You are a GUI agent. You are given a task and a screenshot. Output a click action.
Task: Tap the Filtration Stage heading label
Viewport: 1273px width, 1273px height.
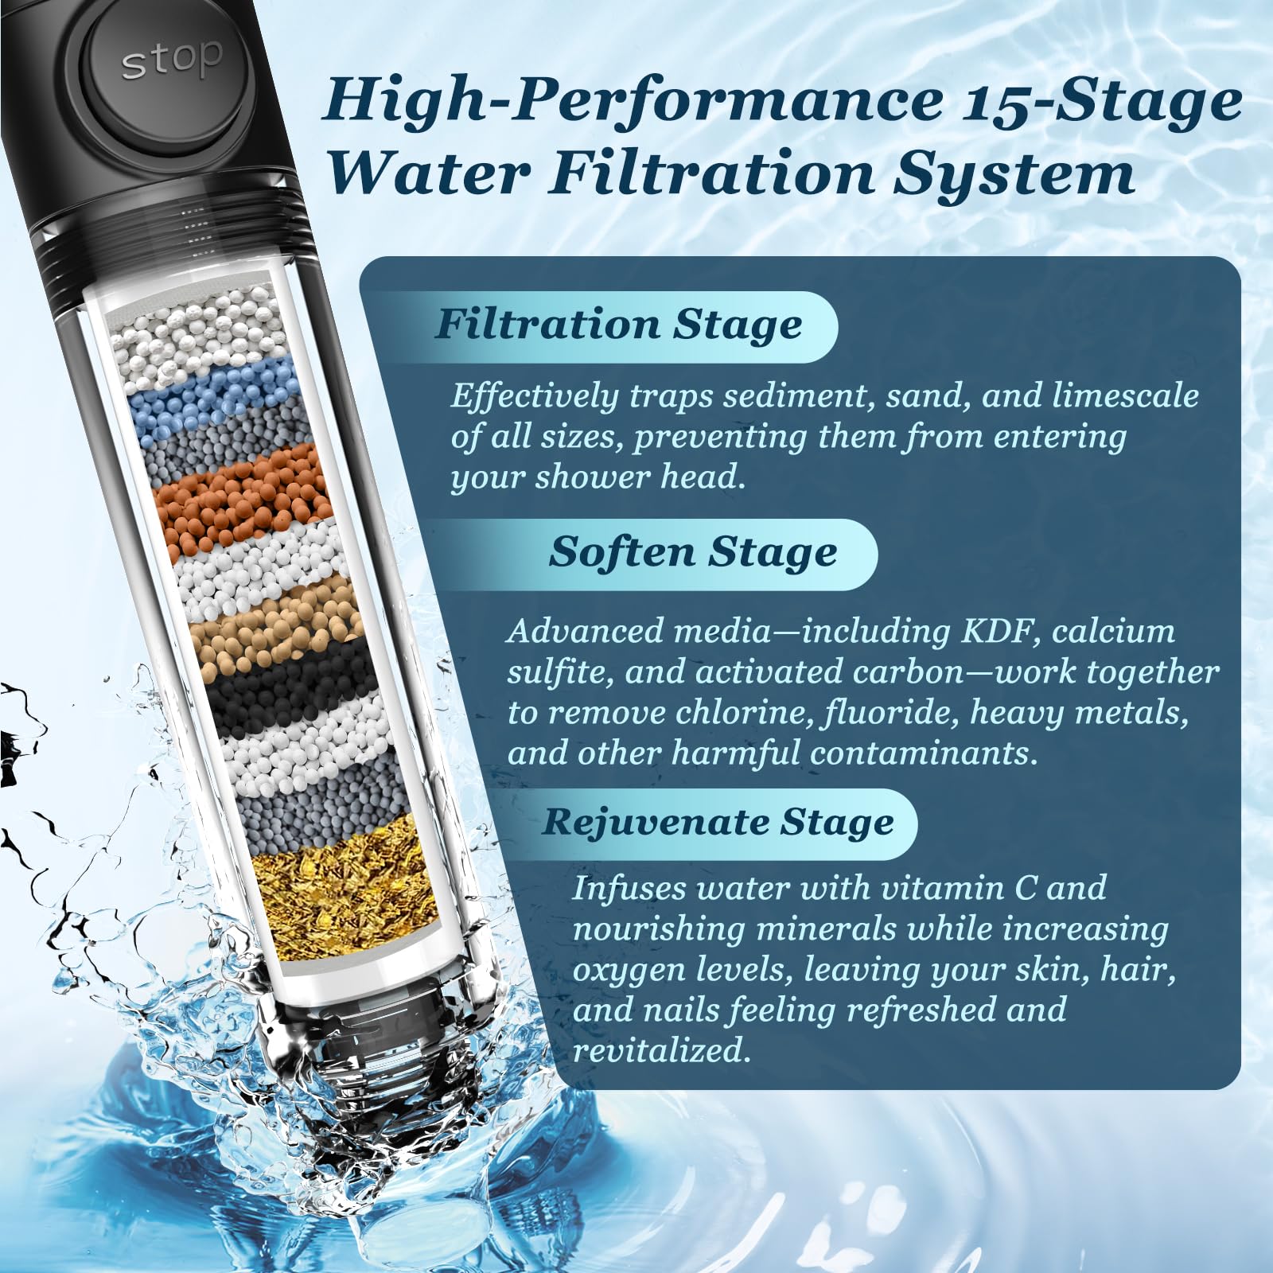[618, 325]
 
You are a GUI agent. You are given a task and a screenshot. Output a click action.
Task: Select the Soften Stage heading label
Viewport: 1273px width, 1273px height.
[692, 552]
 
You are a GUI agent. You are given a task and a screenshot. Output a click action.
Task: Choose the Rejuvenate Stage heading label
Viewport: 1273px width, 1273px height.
[718, 823]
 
